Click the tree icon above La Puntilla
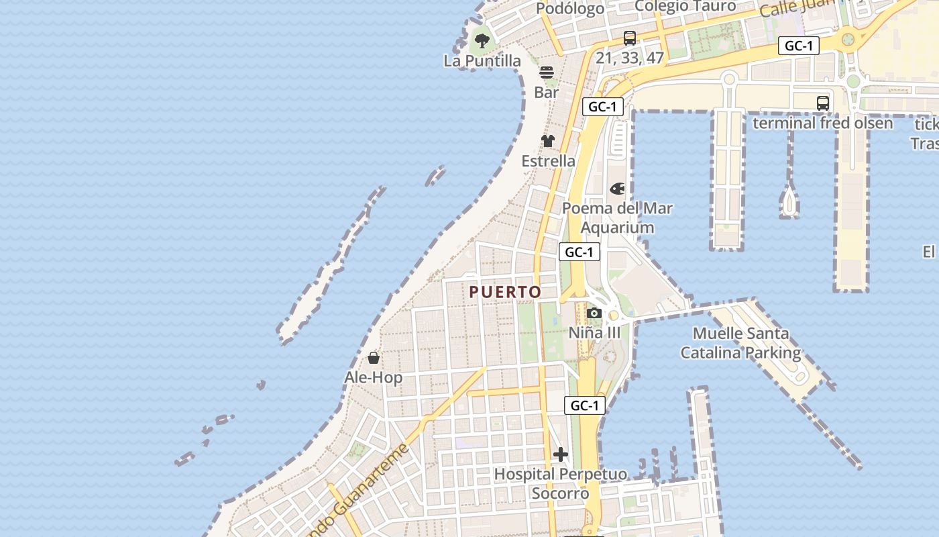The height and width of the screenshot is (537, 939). coord(482,40)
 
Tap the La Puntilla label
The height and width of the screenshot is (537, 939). coord(482,61)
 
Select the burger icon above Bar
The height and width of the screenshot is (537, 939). coord(547,72)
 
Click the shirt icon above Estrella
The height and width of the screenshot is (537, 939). coord(548,141)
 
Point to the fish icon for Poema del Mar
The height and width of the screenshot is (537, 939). coord(617,189)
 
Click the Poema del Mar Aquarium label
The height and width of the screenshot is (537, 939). coord(617,217)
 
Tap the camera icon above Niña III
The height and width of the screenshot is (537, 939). coord(594,313)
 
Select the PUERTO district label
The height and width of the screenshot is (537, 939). coord(505,292)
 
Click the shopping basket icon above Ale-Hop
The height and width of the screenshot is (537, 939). coord(374,358)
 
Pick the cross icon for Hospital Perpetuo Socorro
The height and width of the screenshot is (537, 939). coord(561,454)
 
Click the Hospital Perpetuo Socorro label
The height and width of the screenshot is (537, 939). coord(561,484)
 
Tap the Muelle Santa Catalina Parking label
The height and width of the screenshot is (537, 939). coord(741,342)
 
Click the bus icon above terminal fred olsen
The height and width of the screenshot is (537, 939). coord(823,103)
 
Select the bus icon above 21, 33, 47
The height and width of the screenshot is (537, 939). coord(629,38)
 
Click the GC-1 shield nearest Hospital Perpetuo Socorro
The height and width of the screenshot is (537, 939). coord(585,405)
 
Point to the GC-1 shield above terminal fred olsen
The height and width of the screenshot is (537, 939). coord(799,46)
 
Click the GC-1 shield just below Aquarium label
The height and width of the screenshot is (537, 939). coord(579,252)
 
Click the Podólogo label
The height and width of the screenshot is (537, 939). coord(571,9)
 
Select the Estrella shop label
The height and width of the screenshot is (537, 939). coord(549,161)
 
